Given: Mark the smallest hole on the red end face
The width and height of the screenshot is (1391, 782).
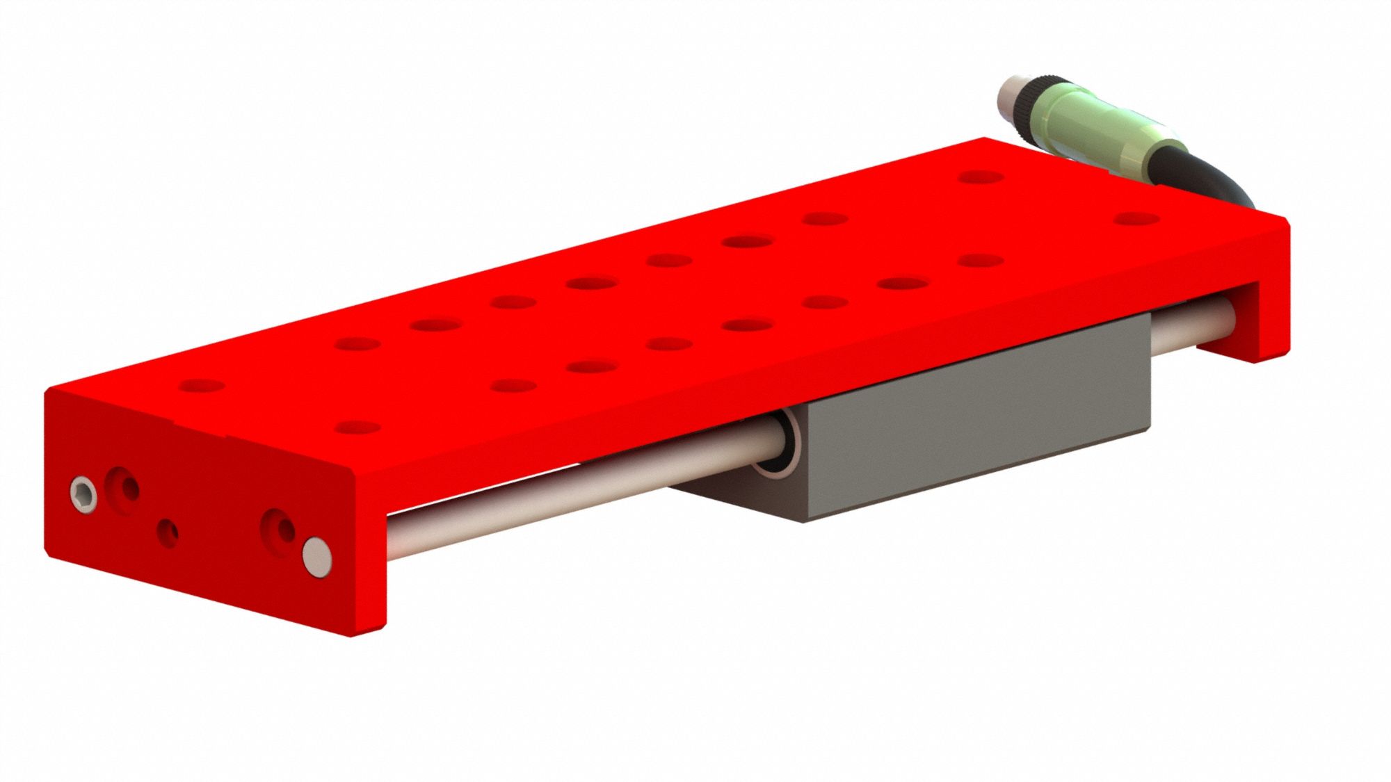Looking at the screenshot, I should (168, 533).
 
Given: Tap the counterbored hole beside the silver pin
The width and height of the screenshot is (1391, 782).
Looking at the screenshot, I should (279, 532).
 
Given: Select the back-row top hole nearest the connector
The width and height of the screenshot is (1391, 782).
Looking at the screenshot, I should (980, 177).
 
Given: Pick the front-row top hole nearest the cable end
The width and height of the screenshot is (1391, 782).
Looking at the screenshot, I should (1136, 220).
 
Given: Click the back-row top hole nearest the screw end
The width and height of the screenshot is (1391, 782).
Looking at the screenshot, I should (202, 385).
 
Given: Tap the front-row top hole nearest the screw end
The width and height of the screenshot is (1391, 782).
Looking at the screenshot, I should (357, 427).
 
